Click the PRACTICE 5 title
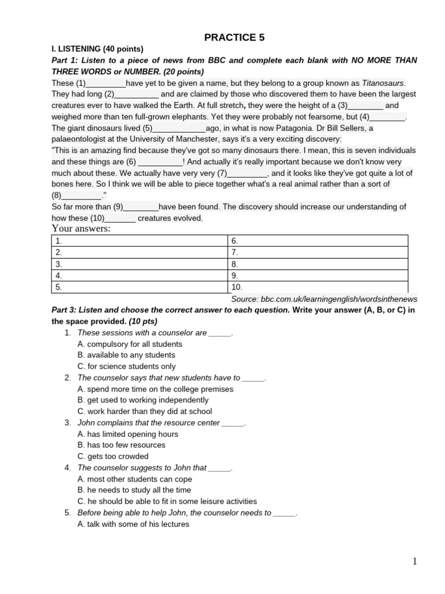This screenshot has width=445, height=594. [235, 38]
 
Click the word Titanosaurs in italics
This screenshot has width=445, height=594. [383, 83]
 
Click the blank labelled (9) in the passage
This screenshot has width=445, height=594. [141, 207]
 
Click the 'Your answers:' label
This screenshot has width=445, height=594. [81, 229]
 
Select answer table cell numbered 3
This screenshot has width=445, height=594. [139, 264]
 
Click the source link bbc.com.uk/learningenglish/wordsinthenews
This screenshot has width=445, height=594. [324, 299]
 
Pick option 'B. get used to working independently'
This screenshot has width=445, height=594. [143, 400]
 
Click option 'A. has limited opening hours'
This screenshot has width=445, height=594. [127, 434]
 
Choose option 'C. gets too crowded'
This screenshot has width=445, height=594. [112, 457]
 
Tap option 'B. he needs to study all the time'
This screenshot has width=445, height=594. [134, 490]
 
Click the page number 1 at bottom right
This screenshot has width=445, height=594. [414, 561]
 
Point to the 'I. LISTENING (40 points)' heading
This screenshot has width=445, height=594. [97, 49]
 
